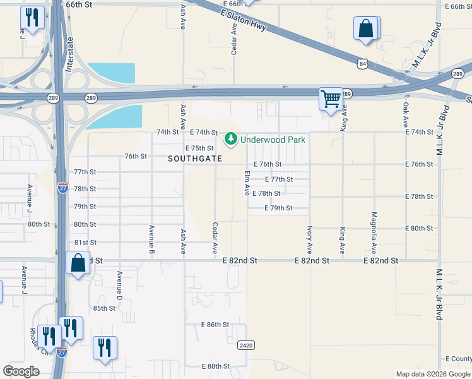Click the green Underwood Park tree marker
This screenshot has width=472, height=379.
(231, 138)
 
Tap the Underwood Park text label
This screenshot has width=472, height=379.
(273, 138)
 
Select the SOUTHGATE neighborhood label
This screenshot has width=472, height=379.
(196, 159)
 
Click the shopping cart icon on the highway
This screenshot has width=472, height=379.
(331, 98)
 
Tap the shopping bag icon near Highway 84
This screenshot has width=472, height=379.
(367, 28)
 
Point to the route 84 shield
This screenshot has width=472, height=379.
(360, 64)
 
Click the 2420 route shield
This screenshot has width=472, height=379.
(246, 346)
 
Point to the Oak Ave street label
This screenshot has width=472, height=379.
(406, 112)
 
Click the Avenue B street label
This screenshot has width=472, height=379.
(151, 240)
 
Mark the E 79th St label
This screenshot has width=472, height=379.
(278, 208)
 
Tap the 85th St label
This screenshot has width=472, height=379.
(104, 308)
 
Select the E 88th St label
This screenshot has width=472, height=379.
(215, 366)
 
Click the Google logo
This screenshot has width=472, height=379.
(21, 371)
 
